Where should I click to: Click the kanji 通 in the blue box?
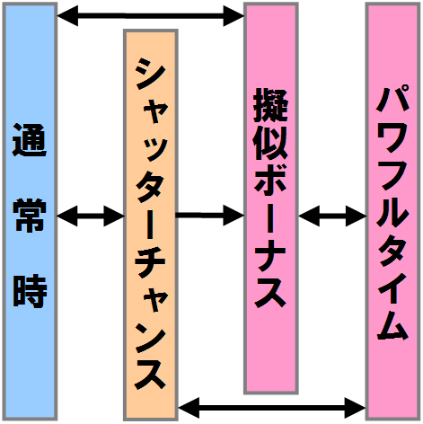(30, 140)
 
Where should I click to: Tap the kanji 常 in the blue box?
(30, 216)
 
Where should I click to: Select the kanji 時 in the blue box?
(30, 290)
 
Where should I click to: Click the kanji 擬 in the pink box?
(270, 105)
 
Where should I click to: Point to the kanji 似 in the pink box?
(270, 142)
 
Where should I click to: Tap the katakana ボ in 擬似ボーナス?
(270, 177)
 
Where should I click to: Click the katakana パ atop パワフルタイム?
(392, 99)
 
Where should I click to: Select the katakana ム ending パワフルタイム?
(392, 324)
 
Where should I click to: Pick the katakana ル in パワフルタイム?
(392, 211)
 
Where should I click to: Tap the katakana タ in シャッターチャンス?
(150, 190)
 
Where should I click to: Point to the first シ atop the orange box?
(150, 74)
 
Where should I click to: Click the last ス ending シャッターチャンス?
(150, 374)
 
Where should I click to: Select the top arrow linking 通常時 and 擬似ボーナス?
(151, 16)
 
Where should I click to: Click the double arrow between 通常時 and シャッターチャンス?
(91, 216)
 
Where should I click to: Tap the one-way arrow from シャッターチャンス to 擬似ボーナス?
(209, 215)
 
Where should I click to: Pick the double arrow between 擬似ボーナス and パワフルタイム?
(332, 216)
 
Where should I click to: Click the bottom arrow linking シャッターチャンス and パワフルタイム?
(272, 408)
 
